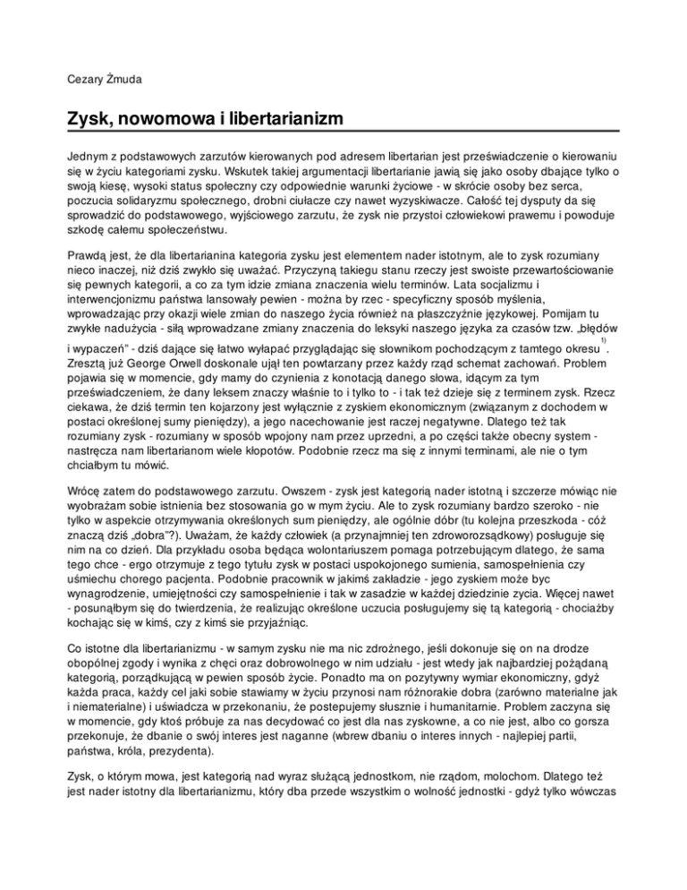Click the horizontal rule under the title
343,133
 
